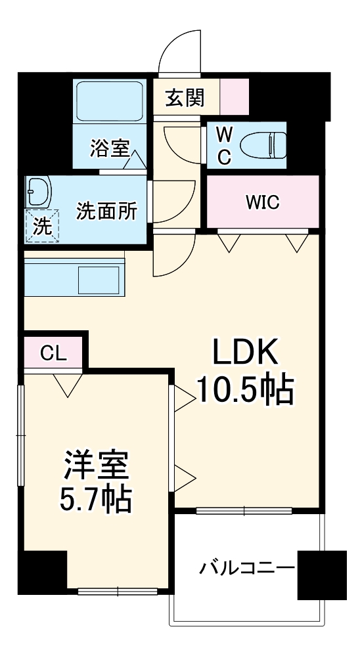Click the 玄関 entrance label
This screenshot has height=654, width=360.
[x=185, y=98]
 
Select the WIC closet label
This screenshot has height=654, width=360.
[x=263, y=202]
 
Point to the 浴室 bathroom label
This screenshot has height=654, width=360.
[x=110, y=149]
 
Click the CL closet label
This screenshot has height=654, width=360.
[x=53, y=353]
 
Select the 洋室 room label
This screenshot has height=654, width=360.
[x=97, y=468]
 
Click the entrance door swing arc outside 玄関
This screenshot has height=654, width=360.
[x=179, y=49]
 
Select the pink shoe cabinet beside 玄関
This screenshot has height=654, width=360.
[x=234, y=97]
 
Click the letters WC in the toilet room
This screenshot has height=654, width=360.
[x=224, y=146]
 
